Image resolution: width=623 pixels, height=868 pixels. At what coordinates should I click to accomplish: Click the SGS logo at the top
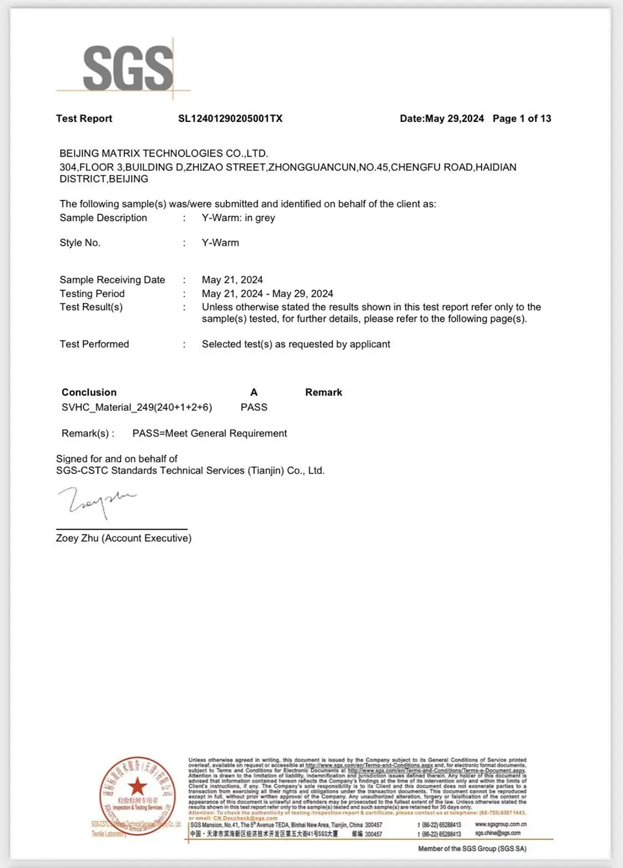(x=128, y=68)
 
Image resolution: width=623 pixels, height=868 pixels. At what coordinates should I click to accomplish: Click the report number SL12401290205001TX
(x=230, y=119)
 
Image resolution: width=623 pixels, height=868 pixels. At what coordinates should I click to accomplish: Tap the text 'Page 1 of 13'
(x=522, y=119)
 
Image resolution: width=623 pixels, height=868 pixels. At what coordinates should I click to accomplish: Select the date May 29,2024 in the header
(x=454, y=119)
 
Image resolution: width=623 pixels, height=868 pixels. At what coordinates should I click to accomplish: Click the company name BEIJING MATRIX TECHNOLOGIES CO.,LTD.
(x=164, y=153)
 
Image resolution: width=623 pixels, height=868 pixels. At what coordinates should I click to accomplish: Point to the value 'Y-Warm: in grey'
(x=238, y=218)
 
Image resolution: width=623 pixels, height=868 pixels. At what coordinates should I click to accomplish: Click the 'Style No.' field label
(x=80, y=243)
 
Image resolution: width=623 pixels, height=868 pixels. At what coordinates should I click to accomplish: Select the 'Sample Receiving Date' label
(x=112, y=280)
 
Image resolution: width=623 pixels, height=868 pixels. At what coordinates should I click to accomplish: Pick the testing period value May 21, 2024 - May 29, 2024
(x=267, y=294)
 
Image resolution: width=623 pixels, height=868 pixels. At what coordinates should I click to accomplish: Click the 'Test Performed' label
(x=94, y=344)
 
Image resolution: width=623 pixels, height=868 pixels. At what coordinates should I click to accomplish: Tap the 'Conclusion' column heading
(x=89, y=392)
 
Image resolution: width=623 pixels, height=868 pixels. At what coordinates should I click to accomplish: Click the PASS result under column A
(x=254, y=407)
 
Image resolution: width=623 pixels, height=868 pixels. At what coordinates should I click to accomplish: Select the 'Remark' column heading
(x=323, y=392)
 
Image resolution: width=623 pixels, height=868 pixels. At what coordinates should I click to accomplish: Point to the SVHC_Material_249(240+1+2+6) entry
(x=137, y=407)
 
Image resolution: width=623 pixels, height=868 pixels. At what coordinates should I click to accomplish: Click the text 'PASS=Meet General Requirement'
(x=210, y=434)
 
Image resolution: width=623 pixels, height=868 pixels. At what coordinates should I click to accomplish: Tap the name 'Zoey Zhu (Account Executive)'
(x=124, y=538)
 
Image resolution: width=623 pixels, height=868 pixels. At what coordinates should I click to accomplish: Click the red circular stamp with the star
(x=137, y=792)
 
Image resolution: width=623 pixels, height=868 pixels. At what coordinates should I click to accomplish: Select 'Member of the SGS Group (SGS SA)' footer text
(x=472, y=849)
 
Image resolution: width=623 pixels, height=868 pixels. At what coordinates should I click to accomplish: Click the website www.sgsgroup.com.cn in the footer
(x=501, y=825)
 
